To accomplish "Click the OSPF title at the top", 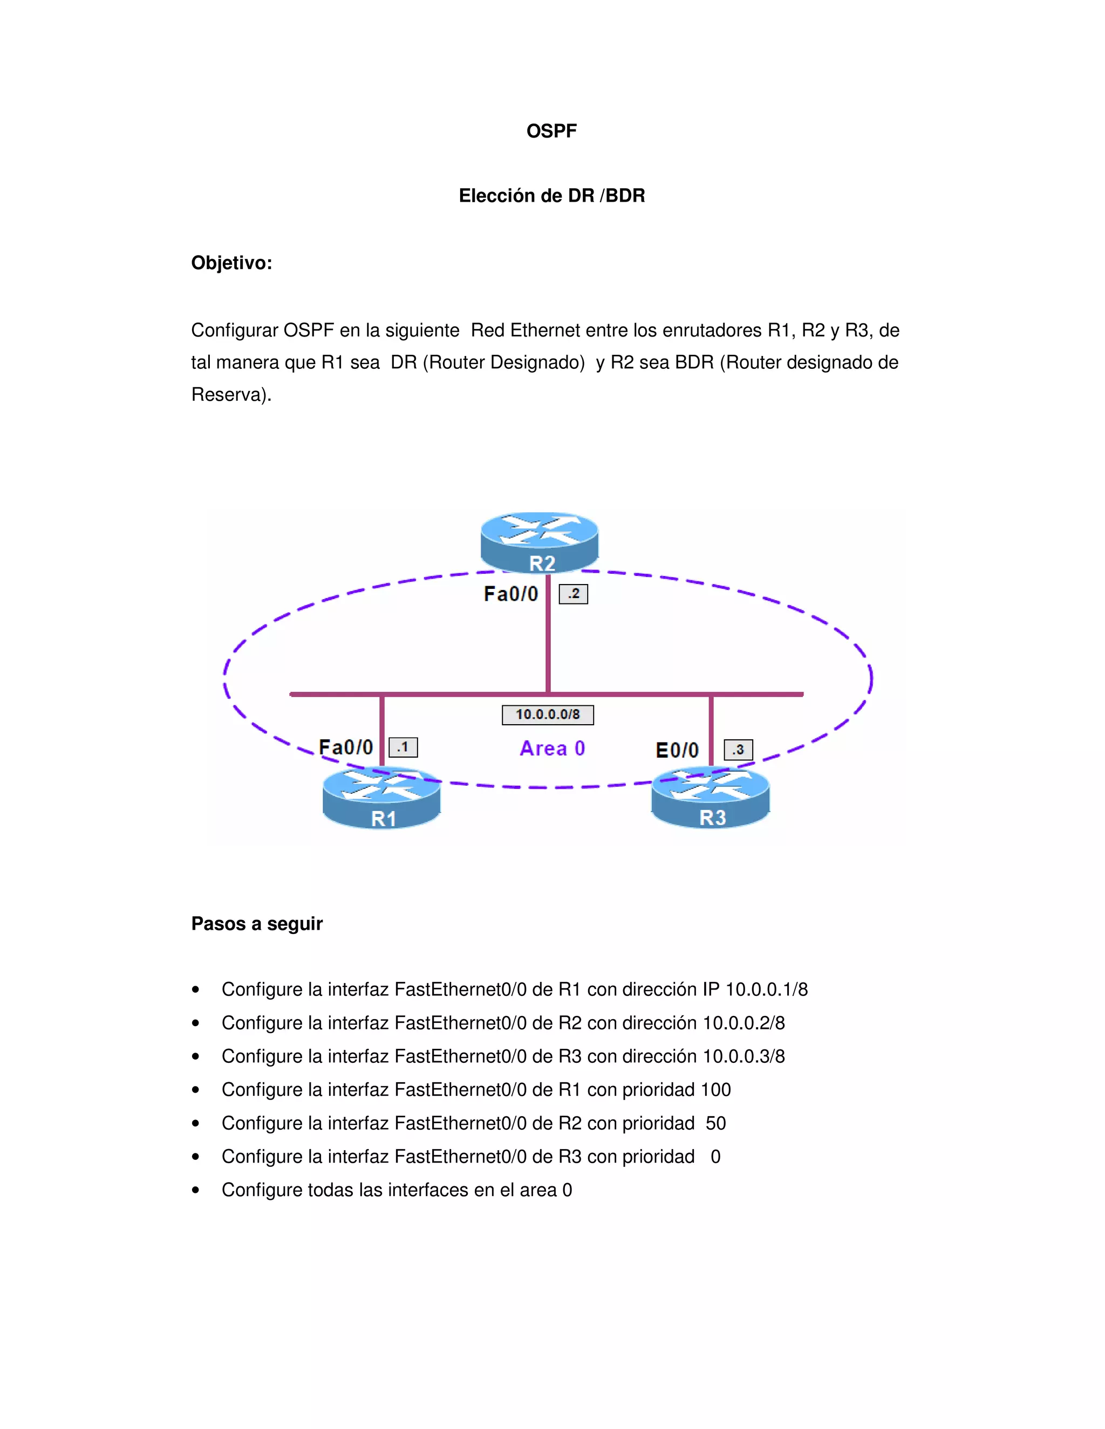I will (551, 131).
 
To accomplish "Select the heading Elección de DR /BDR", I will (551, 196).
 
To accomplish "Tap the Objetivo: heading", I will (231, 263).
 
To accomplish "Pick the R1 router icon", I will (381, 798).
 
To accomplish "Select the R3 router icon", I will (710, 798).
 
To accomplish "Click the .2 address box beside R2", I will (573, 594).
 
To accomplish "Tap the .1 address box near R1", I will (403, 747).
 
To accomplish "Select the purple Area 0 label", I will (552, 748).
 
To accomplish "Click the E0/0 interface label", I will (677, 751).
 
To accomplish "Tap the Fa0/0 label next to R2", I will (510, 594).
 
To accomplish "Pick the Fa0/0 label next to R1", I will (346, 747).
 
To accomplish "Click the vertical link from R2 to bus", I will (548, 641).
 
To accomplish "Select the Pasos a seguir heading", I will (257, 924).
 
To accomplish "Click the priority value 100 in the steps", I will (715, 1090).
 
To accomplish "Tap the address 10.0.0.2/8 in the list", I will (743, 1022).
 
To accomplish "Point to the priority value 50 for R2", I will (715, 1123).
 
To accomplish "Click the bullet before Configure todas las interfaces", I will (196, 1191).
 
